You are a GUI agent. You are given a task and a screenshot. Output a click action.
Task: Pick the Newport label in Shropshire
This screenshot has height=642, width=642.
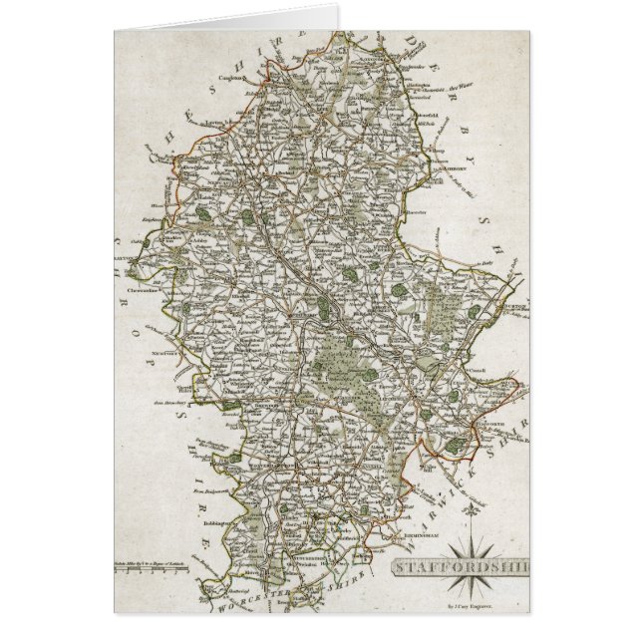coord(165,352)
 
